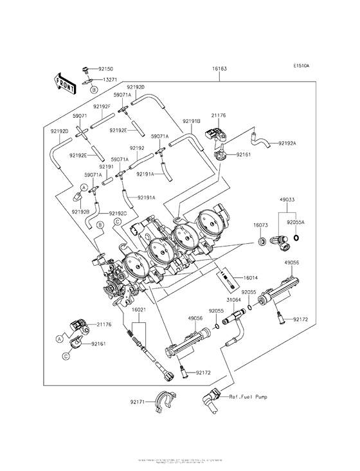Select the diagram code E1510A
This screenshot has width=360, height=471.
301,66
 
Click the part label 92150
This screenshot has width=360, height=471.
105,68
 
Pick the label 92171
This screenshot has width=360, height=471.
138,402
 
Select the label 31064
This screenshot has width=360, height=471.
234,299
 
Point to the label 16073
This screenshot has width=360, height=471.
260,226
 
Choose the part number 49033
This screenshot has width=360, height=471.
287,200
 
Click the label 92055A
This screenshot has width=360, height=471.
295,221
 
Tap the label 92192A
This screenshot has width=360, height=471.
287,143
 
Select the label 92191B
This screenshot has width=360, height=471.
192,121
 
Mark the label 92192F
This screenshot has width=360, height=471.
102,106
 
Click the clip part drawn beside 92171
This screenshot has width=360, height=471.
163,401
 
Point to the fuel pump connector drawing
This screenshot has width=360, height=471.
212,400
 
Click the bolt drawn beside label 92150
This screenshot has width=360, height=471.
85,68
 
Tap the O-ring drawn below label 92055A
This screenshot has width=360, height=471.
295,238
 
